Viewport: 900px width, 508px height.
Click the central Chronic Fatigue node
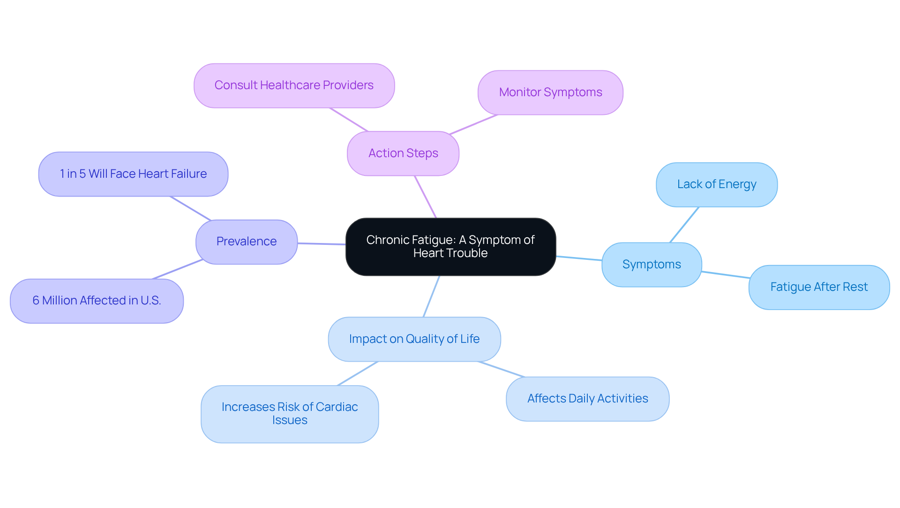click(450, 247)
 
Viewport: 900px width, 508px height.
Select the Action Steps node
click(403, 153)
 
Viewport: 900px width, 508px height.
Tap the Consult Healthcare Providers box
click(294, 85)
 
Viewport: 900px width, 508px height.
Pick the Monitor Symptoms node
click(550, 92)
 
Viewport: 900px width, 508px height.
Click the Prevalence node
click(247, 242)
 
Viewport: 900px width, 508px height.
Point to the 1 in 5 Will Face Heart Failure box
click(133, 174)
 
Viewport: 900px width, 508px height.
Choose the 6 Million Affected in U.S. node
click(97, 301)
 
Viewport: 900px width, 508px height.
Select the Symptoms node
click(652, 265)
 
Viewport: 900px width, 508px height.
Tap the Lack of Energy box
click(717, 184)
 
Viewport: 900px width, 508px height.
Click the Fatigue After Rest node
click(819, 287)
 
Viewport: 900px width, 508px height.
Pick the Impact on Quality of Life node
click(414, 339)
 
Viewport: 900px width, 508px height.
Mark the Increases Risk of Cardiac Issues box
click(290, 414)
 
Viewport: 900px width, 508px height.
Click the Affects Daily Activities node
click(587, 399)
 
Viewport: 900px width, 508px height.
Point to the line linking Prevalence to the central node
click(322, 244)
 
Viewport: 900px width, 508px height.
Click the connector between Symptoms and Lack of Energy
click(684, 225)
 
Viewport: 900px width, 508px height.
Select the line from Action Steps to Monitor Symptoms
click(473, 125)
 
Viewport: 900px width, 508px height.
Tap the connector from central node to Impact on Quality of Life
click(431, 296)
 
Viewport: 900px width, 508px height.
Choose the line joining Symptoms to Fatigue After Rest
click(725, 274)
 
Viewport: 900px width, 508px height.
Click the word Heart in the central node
click(427, 253)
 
